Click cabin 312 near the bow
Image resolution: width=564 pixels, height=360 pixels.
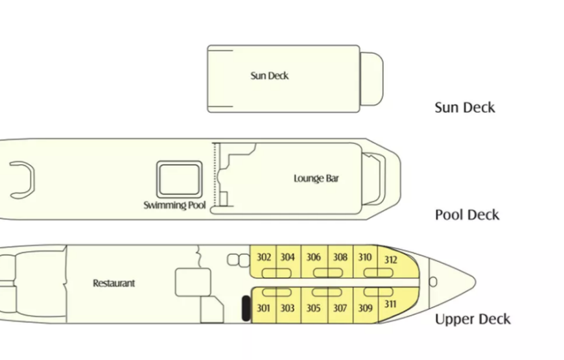[391, 261]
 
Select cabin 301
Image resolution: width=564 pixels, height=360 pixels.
[263, 308]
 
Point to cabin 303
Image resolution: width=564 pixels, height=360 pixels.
[287, 308]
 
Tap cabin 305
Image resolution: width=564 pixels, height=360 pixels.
[314, 308]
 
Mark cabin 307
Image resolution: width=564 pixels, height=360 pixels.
[340, 308]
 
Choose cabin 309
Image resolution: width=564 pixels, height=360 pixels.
[365, 308]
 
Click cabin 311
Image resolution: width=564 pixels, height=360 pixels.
[390, 304]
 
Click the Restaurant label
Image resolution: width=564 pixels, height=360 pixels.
[114, 283]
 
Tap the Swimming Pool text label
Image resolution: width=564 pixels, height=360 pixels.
[174, 206]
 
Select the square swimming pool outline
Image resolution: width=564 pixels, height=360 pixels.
[178, 179]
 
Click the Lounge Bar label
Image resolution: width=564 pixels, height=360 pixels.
[316, 178]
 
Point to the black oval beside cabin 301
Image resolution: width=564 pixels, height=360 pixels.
[246, 308]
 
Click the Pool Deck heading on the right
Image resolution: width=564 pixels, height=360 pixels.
[467, 215]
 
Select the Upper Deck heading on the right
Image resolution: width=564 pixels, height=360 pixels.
[473, 319]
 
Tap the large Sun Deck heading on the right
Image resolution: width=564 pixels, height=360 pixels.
[464, 108]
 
